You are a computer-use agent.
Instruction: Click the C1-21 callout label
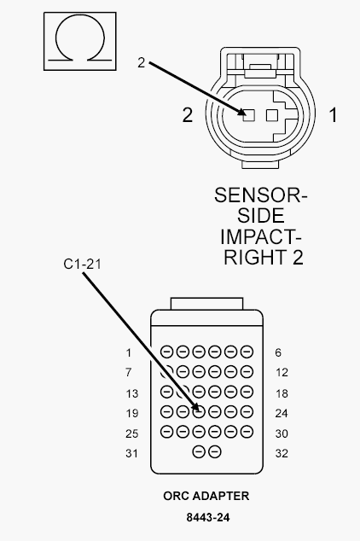click(x=82, y=264)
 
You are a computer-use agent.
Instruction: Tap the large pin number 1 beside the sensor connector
click(x=333, y=114)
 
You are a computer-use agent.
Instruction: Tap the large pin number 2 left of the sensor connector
click(x=187, y=115)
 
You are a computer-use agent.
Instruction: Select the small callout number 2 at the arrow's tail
click(x=141, y=62)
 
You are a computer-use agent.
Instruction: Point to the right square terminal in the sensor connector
click(x=272, y=115)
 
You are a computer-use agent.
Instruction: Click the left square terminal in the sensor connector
click(x=248, y=115)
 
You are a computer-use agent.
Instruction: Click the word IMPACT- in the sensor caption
click(x=261, y=236)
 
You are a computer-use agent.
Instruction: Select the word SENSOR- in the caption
click(x=260, y=195)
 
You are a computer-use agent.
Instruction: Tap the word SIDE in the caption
click(x=261, y=216)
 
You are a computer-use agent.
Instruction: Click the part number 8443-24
click(x=208, y=518)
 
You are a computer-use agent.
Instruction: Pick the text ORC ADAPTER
click(x=206, y=496)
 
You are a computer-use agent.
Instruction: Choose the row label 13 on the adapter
click(x=131, y=393)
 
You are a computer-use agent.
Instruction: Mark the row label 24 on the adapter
click(x=282, y=413)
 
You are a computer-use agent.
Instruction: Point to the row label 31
click(x=131, y=453)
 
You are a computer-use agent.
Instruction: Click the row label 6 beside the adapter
click(x=278, y=352)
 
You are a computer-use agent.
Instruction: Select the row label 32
click(x=282, y=453)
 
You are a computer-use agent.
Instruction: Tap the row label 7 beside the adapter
click(x=128, y=372)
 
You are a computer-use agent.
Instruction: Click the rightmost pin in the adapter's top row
click(x=247, y=352)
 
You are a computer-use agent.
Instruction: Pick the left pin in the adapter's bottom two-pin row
click(x=199, y=451)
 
